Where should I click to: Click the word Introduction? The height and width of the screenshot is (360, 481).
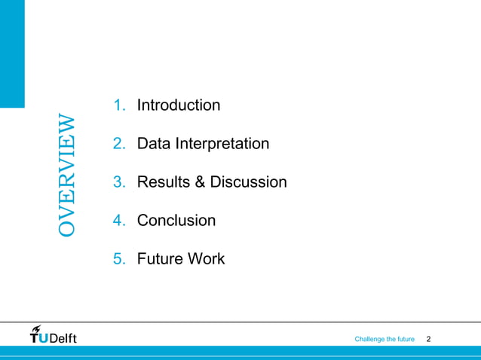(179, 105)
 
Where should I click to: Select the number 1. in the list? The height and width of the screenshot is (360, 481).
(119, 105)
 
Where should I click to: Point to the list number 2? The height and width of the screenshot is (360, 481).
(119, 143)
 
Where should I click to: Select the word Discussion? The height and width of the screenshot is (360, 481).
(248, 182)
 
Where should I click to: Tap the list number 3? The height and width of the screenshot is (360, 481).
(119, 182)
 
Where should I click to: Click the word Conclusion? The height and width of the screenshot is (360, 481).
(176, 221)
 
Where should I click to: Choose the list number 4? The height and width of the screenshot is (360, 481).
(119, 221)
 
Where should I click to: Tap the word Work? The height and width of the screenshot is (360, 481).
(207, 259)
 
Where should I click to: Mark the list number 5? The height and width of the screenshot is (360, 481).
(119, 259)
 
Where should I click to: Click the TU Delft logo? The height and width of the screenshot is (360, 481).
(53, 336)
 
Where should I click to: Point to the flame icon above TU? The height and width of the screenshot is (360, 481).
(36, 328)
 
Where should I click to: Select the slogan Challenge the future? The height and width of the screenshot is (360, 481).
(384, 340)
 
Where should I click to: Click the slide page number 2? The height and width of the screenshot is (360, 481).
(429, 340)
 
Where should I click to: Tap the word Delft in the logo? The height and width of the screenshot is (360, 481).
(63, 338)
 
